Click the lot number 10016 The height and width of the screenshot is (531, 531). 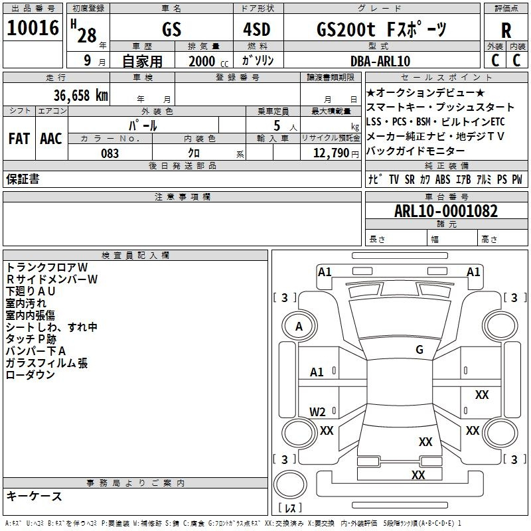click(33, 28)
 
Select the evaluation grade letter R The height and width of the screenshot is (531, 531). click(506, 31)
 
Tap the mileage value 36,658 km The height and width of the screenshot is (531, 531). click(80, 95)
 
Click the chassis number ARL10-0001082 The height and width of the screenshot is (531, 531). click(446, 211)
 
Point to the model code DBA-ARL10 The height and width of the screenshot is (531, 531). click(380, 61)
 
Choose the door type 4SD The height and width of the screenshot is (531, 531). click(257, 30)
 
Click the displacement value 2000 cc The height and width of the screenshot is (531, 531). click(208, 62)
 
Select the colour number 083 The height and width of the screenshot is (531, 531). click(110, 153)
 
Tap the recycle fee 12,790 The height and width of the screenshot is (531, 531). click(331, 153)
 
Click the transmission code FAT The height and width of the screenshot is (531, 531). click(19, 139)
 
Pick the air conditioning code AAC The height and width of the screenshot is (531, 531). click(51, 139)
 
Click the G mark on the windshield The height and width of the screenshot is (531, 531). click(419, 349)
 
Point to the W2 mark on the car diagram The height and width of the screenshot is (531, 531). click(317, 412)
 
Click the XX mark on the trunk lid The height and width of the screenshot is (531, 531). click(425, 441)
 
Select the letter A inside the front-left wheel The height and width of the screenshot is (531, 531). click(299, 327)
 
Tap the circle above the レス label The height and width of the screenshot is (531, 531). click(290, 485)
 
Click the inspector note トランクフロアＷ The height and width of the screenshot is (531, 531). click(47, 267)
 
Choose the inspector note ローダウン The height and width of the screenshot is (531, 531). click(30, 374)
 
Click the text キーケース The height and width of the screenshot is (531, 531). click(35, 496)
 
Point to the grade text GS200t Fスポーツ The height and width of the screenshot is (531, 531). click(382, 29)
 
